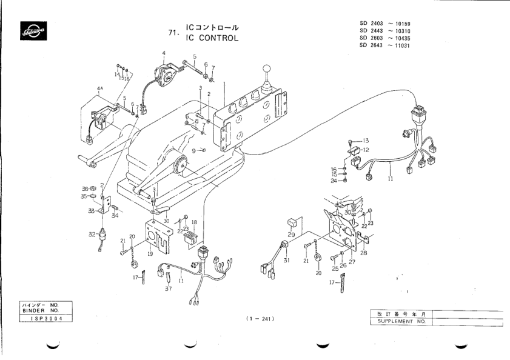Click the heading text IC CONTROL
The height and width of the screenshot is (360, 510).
coord(212,38)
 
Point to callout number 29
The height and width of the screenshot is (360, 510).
coord(291,233)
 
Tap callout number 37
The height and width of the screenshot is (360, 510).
coord(168,289)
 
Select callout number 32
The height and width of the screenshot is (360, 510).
coord(92,233)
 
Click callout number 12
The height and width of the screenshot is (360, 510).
coord(366,150)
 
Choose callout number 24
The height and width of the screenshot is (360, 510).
coord(334,181)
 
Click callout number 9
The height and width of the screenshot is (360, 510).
coord(193,150)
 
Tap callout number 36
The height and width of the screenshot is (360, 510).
coord(86,188)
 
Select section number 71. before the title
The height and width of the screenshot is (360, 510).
coord(173,33)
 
